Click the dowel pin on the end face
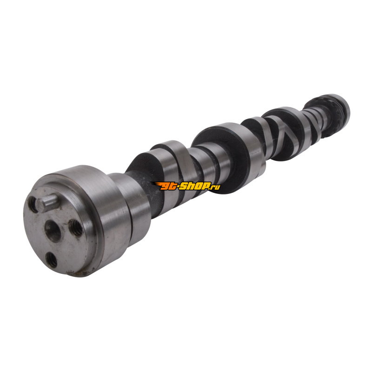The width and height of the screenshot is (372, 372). (x=47, y=203)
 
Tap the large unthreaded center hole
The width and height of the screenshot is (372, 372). (x=53, y=230)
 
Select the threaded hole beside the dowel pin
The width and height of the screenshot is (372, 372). (x=32, y=204)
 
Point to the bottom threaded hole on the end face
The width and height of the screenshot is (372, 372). (x=51, y=259)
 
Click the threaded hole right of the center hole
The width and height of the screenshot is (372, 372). (x=76, y=227)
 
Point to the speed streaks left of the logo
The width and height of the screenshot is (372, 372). (x=156, y=184)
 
